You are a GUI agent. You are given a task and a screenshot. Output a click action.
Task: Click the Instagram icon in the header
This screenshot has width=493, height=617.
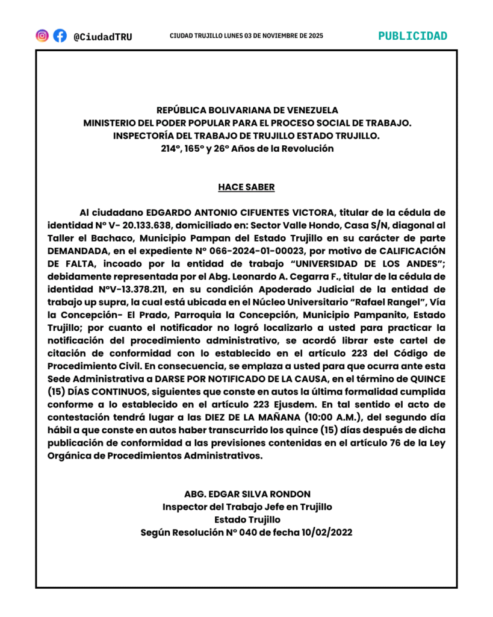42,36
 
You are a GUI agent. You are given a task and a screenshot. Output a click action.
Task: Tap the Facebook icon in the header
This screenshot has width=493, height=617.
60,36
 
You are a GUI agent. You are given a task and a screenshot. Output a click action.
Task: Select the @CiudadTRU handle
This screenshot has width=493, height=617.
102,37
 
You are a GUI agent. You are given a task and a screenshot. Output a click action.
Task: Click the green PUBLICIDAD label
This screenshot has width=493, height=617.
412,36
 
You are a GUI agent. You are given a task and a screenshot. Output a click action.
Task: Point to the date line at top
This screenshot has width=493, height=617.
246,36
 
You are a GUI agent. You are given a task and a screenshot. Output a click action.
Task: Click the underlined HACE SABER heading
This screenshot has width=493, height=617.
246,187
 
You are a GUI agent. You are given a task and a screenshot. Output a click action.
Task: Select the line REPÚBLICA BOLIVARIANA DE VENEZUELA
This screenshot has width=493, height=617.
247,110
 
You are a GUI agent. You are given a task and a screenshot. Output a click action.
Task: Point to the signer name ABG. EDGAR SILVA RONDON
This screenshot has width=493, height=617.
247,494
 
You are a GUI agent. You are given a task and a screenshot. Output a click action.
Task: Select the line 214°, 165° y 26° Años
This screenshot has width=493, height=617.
247,149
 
